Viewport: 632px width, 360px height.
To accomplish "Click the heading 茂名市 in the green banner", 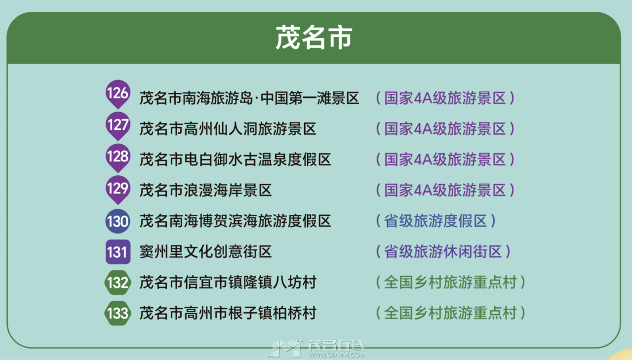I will coord(314,38).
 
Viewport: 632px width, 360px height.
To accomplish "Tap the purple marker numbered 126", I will coord(118,93).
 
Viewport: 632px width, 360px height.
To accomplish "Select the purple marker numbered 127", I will coord(118,124).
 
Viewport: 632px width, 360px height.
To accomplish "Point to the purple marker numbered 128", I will coord(118,157).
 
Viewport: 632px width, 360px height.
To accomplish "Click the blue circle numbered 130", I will coord(118,221).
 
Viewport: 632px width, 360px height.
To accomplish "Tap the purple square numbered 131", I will coord(118,252).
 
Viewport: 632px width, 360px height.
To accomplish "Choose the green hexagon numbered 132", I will coord(118,282).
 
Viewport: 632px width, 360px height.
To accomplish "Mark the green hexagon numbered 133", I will coord(118,313).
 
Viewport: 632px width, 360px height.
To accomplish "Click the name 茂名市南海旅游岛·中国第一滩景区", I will coord(249,98).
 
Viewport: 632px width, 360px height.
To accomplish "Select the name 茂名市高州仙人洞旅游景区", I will coord(228,129).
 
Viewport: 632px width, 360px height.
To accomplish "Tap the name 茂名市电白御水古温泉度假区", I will coord(235,160).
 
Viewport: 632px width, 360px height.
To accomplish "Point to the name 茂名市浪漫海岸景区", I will coord(206,190).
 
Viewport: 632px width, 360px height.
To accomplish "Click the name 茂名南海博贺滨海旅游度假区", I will coord(235,221).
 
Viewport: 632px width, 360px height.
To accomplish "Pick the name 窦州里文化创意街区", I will coord(206,252).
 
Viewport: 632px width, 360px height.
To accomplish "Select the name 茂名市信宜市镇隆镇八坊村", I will coord(228,282).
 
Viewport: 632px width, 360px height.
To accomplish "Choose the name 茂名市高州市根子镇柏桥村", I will coord(228,313).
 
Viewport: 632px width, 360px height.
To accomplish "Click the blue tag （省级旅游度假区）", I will coord(435,221).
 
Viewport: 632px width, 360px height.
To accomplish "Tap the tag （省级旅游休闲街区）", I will coord(443,252).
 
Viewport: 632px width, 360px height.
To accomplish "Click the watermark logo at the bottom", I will coord(316,348).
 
